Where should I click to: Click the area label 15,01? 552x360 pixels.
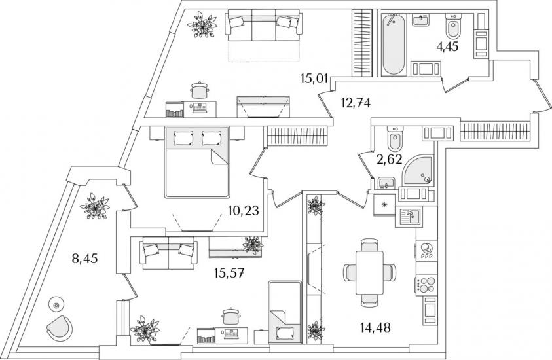tap(314, 78)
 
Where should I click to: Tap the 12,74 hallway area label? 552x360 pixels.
tap(356, 103)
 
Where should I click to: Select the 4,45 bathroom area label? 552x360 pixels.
tap(447, 46)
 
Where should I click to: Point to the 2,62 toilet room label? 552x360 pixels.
tap(389, 160)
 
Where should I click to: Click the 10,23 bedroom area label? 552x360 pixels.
tap(244, 211)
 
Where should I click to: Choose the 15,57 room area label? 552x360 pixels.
tap(230, 272)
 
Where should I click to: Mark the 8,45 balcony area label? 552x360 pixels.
tap(84, 259)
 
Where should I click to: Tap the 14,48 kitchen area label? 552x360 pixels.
tap(375, 328)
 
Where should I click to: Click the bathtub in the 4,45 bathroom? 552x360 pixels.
tap(393, 45)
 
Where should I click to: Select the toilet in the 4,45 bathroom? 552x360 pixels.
tap(452, 26)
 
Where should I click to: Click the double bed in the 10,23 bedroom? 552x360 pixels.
tap(197, 162)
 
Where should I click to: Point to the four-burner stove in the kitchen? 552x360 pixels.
tap(426, 284)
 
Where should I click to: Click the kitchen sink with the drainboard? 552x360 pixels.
tap(410, 217)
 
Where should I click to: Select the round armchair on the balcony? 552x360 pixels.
tap(60, 328)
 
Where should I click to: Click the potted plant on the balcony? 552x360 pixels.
tap(94, 207)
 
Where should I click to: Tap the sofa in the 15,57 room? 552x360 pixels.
tap(168, 253)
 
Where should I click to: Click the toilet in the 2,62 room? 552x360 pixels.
tap(394, 138)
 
